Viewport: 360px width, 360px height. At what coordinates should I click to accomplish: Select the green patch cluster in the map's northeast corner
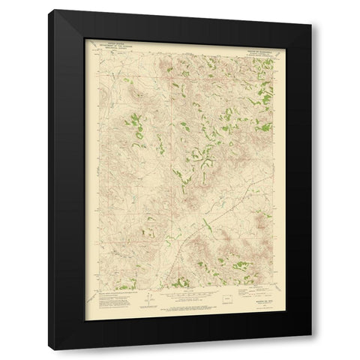(262, 94)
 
